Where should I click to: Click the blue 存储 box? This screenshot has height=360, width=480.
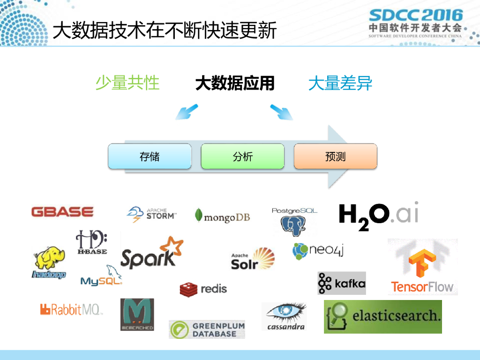(x=150, y=156)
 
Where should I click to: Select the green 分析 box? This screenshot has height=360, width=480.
(x=242, y=156)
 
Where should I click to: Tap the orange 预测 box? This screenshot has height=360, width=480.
(x=335, y=156)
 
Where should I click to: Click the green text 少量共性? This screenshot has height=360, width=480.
(x=127, y=83)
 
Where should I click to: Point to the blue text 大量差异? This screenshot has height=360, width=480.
(x=340, y=83)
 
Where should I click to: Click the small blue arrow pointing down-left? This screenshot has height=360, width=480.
(x=186, y=112)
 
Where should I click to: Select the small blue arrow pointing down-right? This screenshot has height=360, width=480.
(x=281, y=112)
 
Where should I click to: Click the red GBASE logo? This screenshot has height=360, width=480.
(x=62, y=212)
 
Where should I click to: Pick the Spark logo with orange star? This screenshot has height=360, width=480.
(x=151, y=253)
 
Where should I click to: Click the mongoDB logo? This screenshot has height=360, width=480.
(x=222, y=216)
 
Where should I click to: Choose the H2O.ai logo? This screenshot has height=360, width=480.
(x=378, y=216)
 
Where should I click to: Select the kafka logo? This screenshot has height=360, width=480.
(x=342, y=283)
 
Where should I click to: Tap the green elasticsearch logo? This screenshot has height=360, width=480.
(x=382, y=316)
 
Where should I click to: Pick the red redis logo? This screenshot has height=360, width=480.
(x=203, y=289)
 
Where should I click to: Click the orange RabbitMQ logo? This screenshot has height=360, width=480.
(x=71, y=309)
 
